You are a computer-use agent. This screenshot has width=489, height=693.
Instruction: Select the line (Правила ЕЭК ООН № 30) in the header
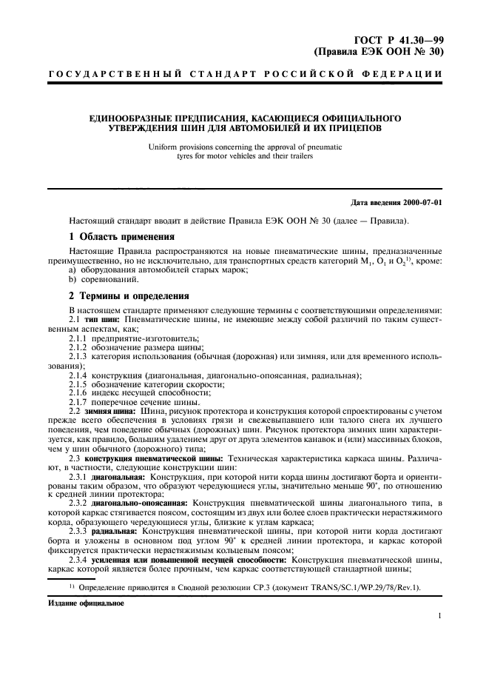point(380,53)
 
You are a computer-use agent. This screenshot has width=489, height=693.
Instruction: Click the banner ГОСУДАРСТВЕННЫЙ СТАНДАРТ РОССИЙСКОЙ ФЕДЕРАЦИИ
point(245,74)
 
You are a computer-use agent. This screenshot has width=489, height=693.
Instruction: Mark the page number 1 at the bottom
point(439,616)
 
